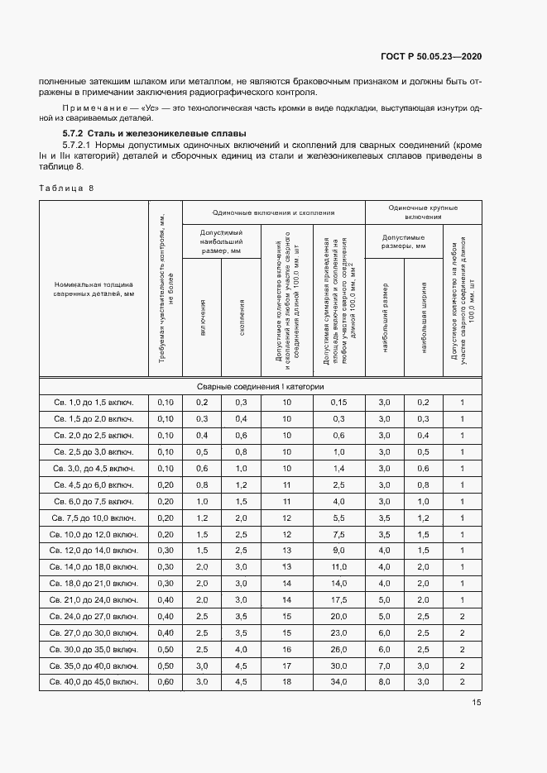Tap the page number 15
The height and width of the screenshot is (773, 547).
click(x=477, y=703)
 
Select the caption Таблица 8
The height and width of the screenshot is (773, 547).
click(x=66, y=188)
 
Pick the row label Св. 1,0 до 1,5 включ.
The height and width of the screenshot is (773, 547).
click(x=94, y=402)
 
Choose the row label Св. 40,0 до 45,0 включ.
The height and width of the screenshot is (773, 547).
click(x=94, y=681)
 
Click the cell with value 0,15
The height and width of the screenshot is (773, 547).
click(x=338, y=402)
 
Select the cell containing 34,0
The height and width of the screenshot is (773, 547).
click(x=338, y=681)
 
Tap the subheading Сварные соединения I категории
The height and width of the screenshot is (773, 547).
click(x=260, y=386)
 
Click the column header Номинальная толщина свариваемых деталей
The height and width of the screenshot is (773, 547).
click(x=94, y=288)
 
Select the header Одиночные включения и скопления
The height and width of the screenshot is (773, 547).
click(x=273, y=212)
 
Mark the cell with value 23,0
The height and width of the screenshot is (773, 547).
click(x=338, y=633)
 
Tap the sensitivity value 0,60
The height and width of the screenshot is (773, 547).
click(x=166, y=681)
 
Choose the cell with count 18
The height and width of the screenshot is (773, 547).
click(x=286, y=681)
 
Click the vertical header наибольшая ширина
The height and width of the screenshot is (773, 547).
click(x=423, y=306)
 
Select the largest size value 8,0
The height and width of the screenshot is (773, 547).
click(x=384, y=681)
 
